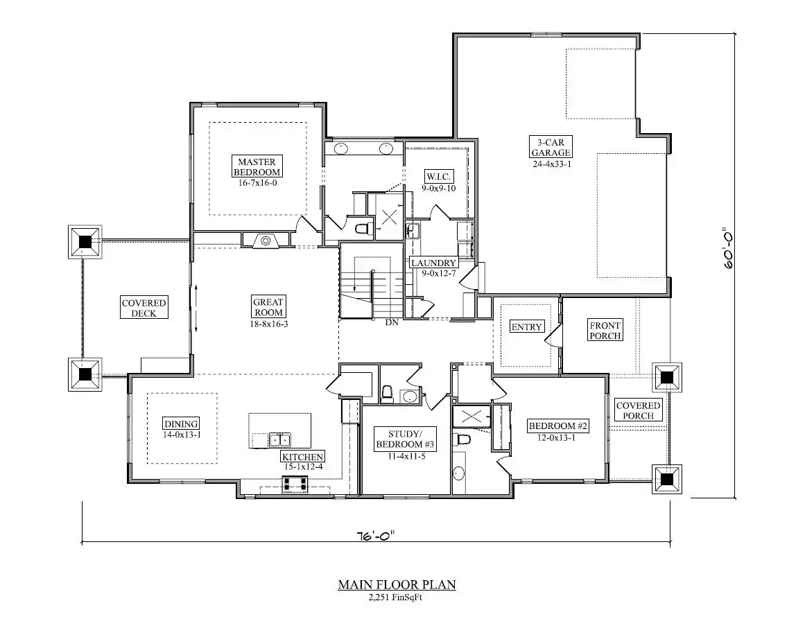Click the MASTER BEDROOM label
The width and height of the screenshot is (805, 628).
[258, 167]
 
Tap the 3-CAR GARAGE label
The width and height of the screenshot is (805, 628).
[551, 147]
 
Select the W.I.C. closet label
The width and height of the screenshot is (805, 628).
[438, 177]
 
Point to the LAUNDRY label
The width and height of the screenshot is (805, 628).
[433, 263]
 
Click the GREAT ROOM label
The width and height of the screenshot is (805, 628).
[268, 308]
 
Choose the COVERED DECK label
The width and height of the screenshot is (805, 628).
[144, 308]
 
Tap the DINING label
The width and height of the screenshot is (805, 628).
[181, 424]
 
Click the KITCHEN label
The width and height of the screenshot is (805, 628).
[302, 457]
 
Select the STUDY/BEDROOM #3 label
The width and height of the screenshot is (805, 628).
[406, 439]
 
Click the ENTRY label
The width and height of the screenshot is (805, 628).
[526, 327]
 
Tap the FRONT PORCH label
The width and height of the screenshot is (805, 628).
[605, 331]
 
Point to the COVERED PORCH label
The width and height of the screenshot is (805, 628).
[638, 410]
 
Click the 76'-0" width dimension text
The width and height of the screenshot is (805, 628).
[376, 536]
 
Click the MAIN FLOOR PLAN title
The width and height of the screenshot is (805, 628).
[397, 585]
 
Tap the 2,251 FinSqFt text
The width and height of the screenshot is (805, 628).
[396, 598]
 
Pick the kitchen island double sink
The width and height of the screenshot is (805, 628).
[280, 439]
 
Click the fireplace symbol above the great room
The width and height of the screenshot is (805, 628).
[266, 240]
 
